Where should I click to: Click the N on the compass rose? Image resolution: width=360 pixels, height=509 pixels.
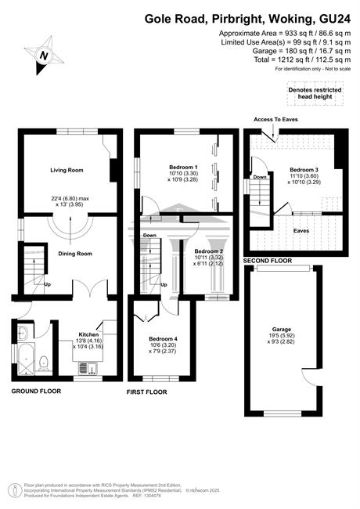44,56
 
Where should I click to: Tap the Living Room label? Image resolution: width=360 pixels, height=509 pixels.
67,170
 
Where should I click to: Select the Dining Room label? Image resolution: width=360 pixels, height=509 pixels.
75,254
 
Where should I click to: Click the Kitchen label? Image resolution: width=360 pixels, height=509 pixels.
88,334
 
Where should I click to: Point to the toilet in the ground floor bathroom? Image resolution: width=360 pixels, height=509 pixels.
44,363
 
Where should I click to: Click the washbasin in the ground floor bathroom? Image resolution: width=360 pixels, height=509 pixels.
23,332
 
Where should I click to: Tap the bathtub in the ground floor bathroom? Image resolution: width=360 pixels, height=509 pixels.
26,358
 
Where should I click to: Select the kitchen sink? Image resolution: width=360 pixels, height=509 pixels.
88,369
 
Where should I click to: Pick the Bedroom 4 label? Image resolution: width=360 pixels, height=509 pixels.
163,339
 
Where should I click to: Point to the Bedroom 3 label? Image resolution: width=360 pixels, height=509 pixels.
304,170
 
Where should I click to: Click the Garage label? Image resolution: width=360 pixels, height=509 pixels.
282,329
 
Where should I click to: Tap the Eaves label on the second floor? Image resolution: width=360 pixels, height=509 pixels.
301,231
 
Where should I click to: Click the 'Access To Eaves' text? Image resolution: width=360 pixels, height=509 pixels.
275,120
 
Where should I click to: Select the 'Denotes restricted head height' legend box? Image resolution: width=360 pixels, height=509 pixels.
315,93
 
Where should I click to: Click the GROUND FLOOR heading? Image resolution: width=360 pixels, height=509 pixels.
36,392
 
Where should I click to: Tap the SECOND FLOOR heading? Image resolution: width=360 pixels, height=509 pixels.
268,261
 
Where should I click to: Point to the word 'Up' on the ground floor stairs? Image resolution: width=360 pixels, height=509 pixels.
48,284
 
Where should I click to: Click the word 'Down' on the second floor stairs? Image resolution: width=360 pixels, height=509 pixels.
260,177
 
